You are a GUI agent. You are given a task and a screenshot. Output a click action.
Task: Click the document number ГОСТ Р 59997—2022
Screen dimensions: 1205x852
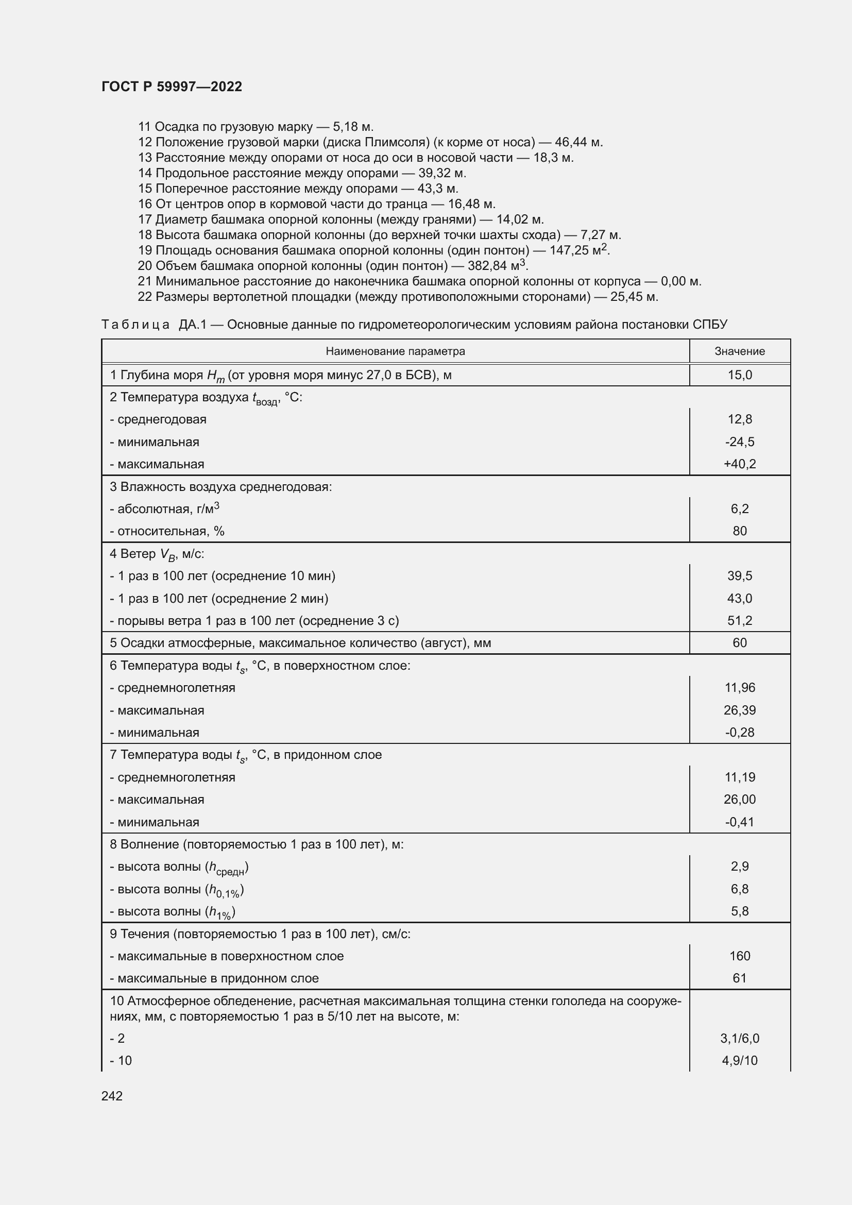click(172, 87)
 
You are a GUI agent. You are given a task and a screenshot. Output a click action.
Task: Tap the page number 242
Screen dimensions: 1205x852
click(112, 1096)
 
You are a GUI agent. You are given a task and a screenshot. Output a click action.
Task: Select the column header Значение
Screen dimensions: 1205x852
click(739, 351)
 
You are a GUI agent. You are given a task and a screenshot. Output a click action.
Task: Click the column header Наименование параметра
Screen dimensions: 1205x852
click(395, 351)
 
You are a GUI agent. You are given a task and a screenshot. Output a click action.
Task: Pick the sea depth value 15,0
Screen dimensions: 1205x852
click(739, 375)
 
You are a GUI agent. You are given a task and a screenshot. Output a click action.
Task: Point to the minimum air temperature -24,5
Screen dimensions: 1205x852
click(739, 442)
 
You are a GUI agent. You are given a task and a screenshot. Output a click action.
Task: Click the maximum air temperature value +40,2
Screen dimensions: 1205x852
click(739, 464)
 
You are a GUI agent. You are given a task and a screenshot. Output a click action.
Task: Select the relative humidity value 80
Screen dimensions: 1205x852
click(739, 531)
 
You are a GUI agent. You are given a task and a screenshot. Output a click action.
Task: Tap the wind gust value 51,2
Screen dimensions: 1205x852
click(739, 621)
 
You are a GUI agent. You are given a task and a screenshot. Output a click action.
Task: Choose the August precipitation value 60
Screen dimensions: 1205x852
click(739, 643)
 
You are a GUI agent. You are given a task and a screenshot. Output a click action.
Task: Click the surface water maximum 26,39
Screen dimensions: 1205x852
click(739, 710)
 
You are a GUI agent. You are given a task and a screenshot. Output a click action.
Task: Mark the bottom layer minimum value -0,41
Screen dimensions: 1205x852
click(739, 822)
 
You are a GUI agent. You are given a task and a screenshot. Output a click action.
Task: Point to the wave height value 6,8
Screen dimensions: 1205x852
click(739, 889)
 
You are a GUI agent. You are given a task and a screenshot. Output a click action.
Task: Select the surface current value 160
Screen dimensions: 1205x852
click(739, 956)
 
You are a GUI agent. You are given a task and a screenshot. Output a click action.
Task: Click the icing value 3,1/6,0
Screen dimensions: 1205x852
click(739, 1038)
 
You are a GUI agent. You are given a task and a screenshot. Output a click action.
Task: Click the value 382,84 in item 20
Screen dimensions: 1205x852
click(487, 265)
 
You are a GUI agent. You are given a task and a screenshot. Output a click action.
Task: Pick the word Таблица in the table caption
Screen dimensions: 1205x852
click(135, 325)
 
